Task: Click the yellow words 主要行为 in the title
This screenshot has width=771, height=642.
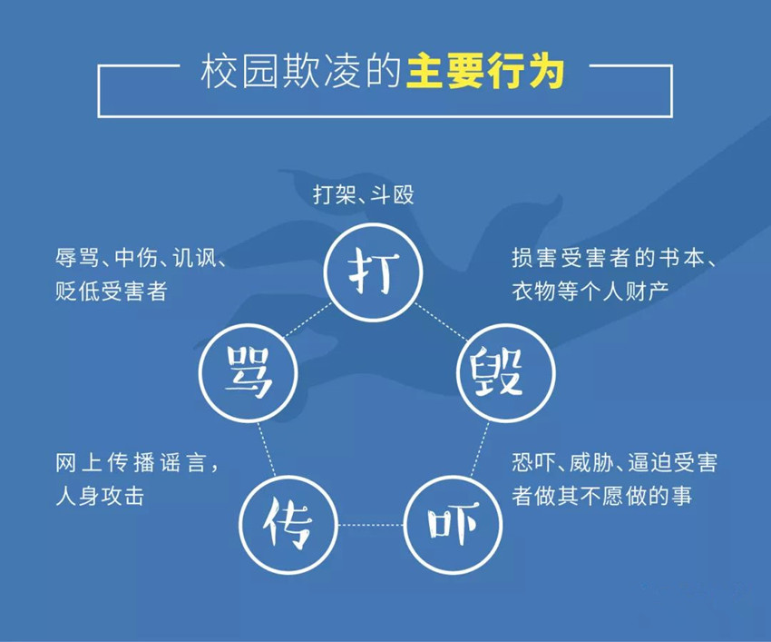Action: pyautogui.click(x=485, y=73)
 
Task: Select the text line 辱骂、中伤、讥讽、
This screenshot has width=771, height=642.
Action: pyautogui.click(x=141, y=259)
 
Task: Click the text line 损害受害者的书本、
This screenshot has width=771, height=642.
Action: pyautogui.click(x=615, y=259)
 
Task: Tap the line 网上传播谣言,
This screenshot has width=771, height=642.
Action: pyautogui.click(x=137, y=463)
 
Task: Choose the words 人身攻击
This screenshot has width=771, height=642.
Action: pyautogui.click(x=99, y=496)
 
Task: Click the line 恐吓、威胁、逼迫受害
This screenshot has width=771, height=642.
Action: pyautogui.click(x=614, y=463)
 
